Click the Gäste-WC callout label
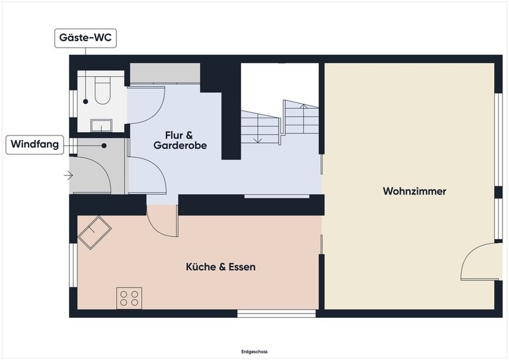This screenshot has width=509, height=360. click(85, 38)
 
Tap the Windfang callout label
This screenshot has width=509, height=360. click(35, 144)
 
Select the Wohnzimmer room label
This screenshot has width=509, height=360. click(414, 191)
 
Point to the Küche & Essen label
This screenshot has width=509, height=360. click(221, 267)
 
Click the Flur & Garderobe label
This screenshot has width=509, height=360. click(180, 140)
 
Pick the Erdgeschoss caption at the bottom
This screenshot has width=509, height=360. click(254, 352)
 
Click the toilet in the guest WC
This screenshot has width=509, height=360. click(102, 90)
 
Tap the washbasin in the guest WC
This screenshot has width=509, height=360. click(101, 125)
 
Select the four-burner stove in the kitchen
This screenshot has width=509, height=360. click(129, 298)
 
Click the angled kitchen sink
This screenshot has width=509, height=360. click(94, 232)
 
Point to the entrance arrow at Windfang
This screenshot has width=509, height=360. click(68, 176)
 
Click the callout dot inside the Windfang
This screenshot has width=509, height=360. click(104, 146)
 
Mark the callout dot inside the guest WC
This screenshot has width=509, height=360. click(86, 102)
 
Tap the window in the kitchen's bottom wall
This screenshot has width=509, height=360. click(276, 314)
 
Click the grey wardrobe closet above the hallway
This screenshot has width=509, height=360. click(165, 73)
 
